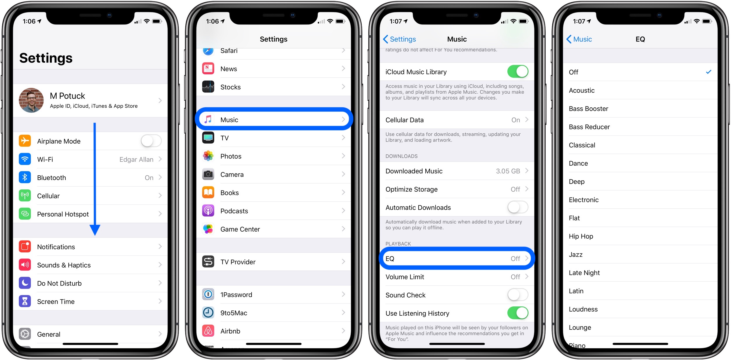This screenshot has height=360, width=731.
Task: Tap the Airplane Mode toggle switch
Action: [151, 141]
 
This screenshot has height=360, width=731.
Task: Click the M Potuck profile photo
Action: [31, 100]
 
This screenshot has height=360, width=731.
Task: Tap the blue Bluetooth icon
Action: [25, 177]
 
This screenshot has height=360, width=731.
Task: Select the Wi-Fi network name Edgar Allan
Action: [136, 160]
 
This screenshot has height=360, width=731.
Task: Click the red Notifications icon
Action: [25, 247]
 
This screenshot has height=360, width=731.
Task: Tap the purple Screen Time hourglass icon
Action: [25, 301]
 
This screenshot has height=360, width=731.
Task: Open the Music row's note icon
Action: [208, 119]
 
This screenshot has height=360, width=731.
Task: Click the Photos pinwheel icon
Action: [208, 156]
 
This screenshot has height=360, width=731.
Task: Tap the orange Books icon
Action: [208, 192]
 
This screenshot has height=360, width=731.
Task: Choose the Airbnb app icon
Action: [208, 331]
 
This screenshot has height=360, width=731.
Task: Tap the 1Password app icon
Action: [208, 294]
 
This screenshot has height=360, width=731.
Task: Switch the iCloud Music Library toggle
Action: [518, 71]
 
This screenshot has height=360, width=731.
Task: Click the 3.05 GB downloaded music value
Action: [508, 171]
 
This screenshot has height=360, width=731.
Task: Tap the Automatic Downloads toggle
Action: [518, 207]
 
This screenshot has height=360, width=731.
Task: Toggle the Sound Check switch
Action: [518, 295]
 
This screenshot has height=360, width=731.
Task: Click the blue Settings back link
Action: [399, 39]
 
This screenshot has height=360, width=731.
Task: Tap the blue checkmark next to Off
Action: [709, 72]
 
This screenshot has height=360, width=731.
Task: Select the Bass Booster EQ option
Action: [589, 109]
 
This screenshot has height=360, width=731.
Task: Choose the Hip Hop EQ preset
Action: [581, 236]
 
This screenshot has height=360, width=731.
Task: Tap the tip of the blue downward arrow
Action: [95, 235]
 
